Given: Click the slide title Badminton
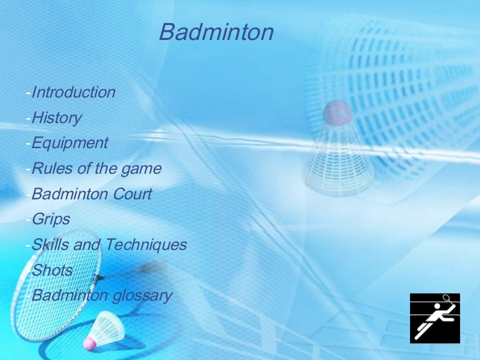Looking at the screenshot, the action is tap(216, 32).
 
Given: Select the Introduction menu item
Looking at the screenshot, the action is tap(74, 92).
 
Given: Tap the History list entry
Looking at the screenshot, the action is tap(57, 118).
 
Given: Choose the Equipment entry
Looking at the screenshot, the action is tap(70, 143).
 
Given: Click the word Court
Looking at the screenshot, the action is tap(132, 194).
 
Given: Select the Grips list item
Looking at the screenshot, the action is tap(51, 219).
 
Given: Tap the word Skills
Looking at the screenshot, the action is tap(51, 244).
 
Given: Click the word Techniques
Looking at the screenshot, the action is tap(146, 245).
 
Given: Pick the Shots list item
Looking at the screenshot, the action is tap(52, 270).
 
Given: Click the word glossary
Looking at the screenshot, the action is tap(142, 296).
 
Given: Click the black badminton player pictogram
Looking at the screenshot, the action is tap(435, 318).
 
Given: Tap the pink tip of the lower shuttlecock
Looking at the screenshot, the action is tap(89, 344).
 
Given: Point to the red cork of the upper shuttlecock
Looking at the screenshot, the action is tap(337, 112).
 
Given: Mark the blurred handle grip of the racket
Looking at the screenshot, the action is tap(152, 267).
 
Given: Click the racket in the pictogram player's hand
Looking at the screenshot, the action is tap(447, 299).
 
